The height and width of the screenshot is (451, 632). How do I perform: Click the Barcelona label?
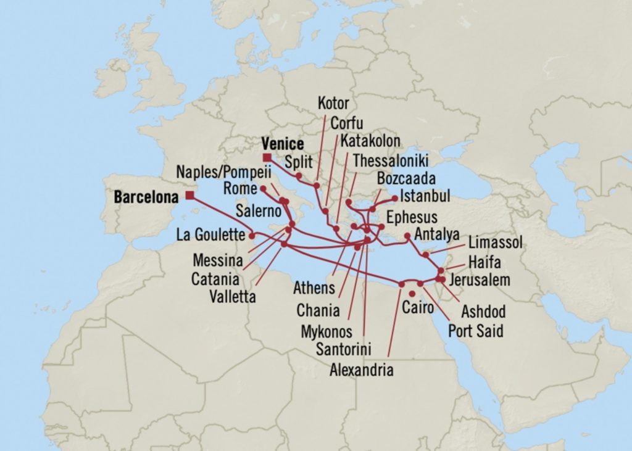pyautogui.click(x=146, y=198)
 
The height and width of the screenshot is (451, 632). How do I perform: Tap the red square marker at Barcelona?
pyautogui.click(x=189, y=196)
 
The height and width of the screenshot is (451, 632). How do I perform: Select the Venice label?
pyautogui.click(x=282, y=144)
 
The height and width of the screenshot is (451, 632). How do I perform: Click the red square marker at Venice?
pyautogui.click(x=267, y=157)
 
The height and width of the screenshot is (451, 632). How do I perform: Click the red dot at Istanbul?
pyautogui.click(x=395, y=198)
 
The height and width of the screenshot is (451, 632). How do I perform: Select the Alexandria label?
pyautogui.click(x=361, y=370)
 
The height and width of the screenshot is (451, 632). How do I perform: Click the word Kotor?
pyautogui.click(x=333, y=103)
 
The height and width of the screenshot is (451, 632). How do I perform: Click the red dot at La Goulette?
pyautogui.click(x=252, y=235)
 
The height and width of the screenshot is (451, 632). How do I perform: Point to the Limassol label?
pyautogui.click(x=495, y=242)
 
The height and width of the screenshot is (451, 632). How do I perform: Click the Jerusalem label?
pyautogui.click(x=480, y=280)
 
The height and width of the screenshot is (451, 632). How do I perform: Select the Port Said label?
pyautogui.click(x=476, y=331)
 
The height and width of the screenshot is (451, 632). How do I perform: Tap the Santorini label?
pyautogui.click(x=343, y=349)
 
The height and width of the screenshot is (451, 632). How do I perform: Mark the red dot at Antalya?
pyautogui.click(x=407, y=236)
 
